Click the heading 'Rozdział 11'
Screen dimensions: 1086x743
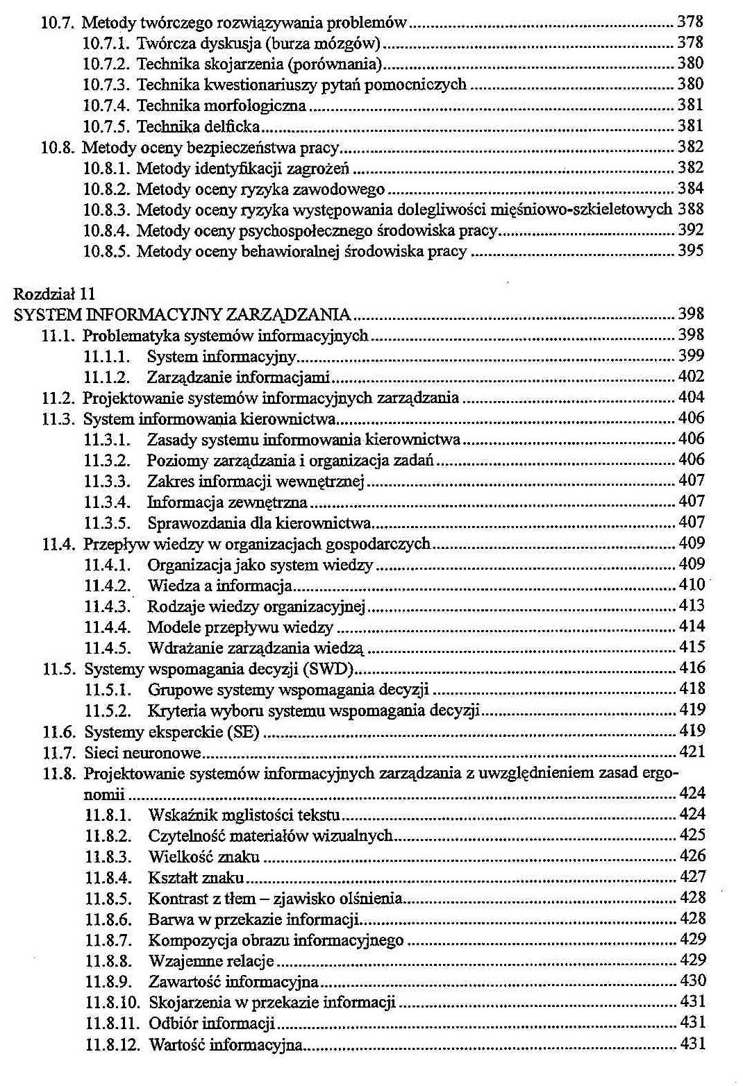[53, 294]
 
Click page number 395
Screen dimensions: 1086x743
[691, 251]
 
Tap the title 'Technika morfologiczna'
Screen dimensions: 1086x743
[221, 105]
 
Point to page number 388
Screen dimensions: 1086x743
[691, 209]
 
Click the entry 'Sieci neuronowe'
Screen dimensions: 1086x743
[142, 752]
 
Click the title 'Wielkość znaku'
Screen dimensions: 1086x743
[203, 856]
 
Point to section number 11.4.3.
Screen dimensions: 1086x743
[107, 606]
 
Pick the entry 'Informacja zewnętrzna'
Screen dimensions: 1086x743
[227, 502]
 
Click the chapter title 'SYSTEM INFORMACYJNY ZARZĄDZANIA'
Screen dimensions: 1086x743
[181, 314]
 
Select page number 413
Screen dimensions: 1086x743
[692, 606]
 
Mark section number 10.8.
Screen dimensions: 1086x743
[58, 147]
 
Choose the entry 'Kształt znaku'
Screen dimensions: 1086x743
[196, 877]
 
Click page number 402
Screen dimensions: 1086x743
[692, 377]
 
